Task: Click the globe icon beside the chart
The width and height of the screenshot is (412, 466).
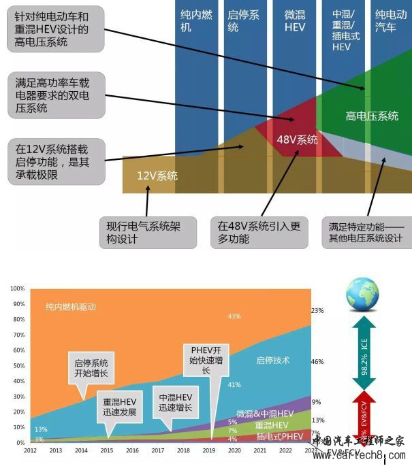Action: point(362,295)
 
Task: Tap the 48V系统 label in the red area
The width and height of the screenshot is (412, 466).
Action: point(297,140)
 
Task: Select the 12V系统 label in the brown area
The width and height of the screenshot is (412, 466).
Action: point(157,176)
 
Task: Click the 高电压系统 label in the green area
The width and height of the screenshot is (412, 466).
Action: point(372,116)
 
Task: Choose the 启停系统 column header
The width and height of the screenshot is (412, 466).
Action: point(243,20)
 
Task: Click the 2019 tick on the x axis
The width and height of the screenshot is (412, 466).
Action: point(209,450)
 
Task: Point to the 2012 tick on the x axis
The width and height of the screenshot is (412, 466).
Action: point(31,450)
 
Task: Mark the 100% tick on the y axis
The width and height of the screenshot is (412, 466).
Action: point(18,288)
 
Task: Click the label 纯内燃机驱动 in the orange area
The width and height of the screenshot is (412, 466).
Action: point(71,307)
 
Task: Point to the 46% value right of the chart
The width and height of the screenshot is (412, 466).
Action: point(317,362)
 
